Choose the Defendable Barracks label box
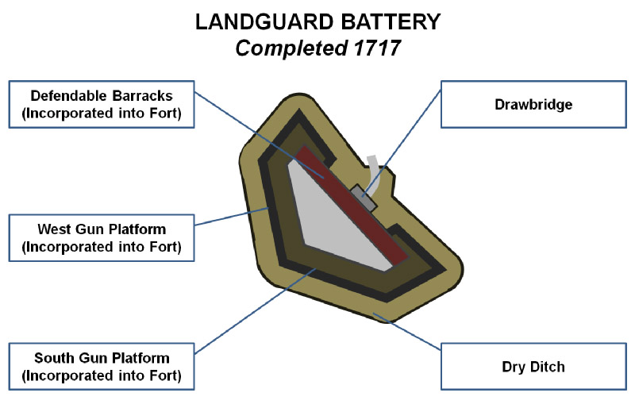(102, 104)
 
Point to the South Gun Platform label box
(102, 366)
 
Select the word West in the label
(55, 229)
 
